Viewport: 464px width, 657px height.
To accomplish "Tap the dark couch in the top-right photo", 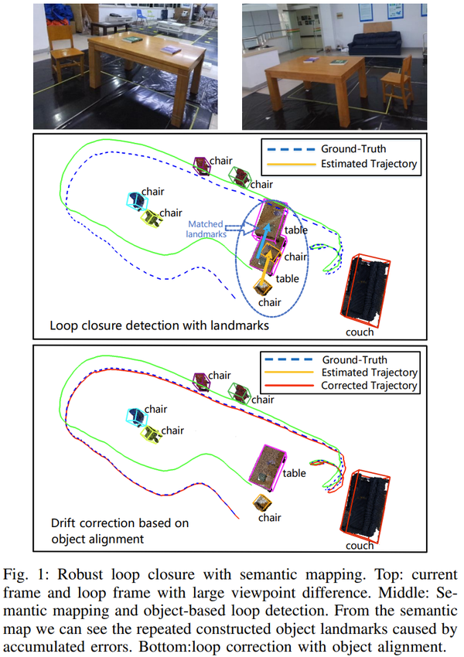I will point(372,47).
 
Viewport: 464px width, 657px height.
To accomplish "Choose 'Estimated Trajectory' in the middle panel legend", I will point(368,163).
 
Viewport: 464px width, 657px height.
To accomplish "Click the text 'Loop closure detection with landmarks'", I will point(159,326).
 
